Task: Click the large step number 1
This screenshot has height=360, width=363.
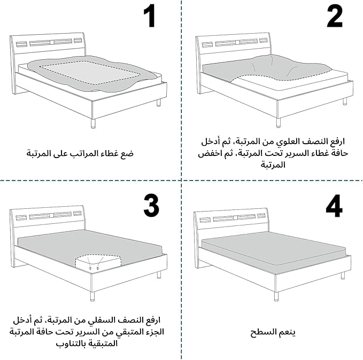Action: [149, 16]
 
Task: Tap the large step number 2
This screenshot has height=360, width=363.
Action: [335, 16]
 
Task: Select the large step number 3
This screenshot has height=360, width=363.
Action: [151, 206]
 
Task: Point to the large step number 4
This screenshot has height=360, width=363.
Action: [334, 206]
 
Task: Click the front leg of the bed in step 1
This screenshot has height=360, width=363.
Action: [93, 124]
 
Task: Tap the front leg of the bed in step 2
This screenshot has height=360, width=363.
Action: [279, 123]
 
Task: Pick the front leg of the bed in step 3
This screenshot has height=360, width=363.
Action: [92, 296]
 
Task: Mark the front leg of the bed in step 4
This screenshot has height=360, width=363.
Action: [276, 296]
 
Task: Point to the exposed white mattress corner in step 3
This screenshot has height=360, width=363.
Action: [98, 263]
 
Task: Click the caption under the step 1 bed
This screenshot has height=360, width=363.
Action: [80, 153]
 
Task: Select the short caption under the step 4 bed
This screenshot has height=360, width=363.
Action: [273, 332]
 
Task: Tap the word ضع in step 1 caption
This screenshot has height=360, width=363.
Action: [129, 154]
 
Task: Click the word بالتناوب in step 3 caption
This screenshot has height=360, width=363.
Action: [69, 343]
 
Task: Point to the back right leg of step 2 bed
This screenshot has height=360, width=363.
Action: [345, 101]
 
